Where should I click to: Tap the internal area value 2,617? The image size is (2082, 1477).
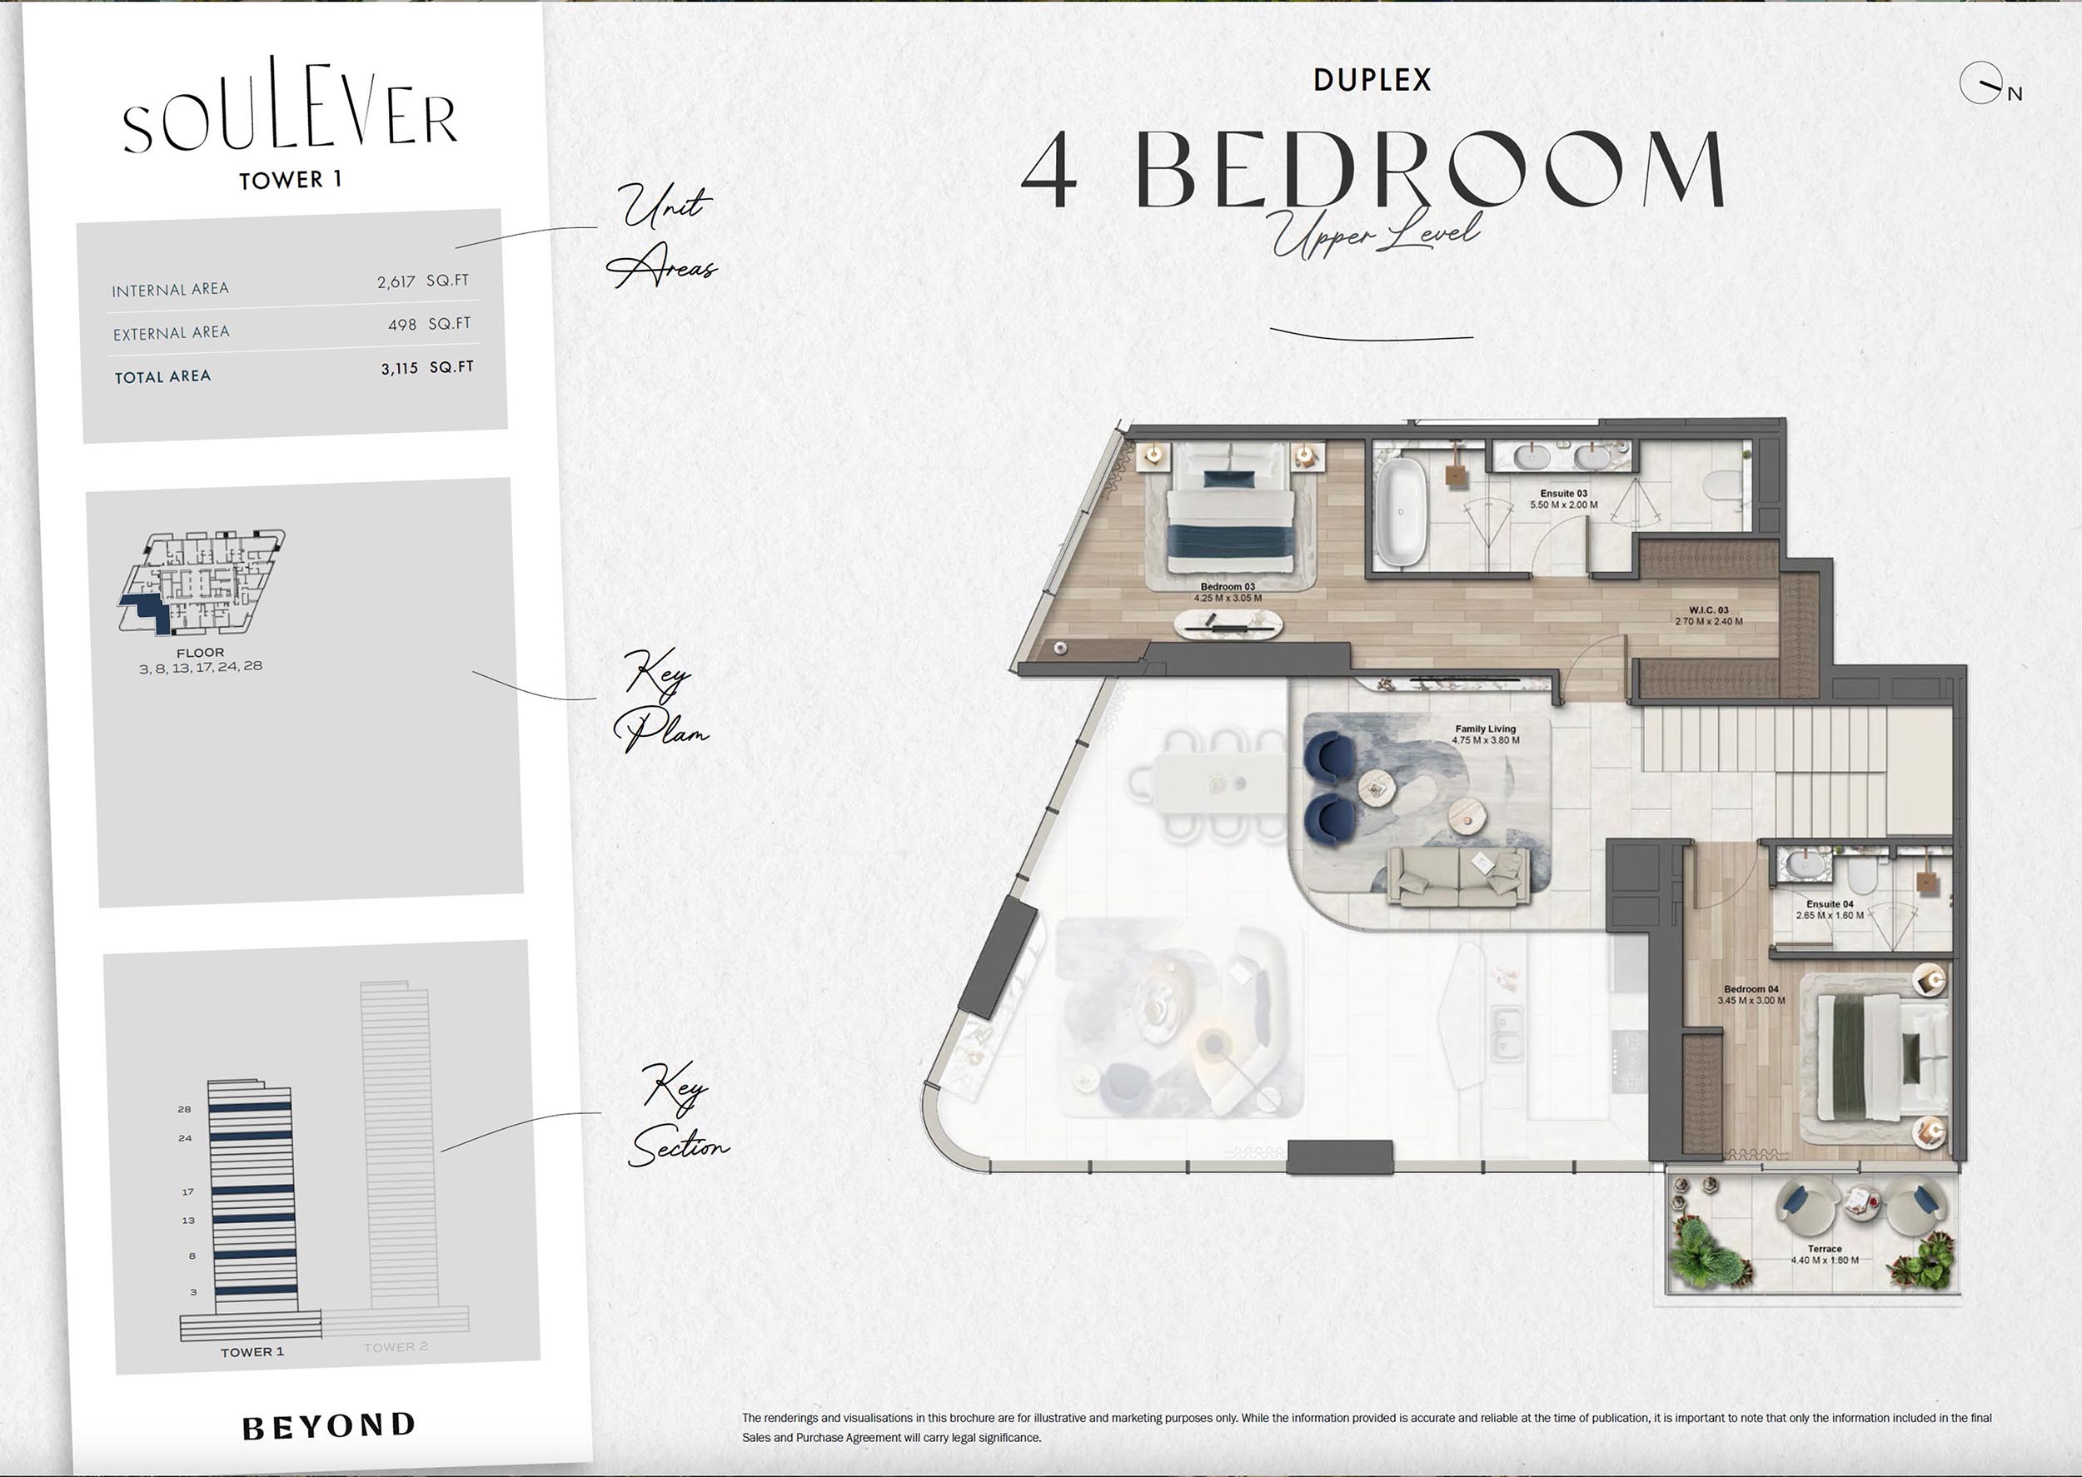[396, 282]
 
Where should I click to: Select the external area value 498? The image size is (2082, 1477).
[402, 325]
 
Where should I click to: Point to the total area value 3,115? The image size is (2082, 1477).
[399, 368]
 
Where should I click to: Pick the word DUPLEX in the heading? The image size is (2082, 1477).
[1372, 80]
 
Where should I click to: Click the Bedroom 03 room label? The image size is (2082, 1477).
[1227, 587]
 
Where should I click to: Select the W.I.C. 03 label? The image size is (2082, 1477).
[1708, 610]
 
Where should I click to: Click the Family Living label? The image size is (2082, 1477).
[1486, 729]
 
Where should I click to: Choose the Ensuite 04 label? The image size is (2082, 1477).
[1829, 904]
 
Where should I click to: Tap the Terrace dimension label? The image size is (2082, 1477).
[1825, 1261]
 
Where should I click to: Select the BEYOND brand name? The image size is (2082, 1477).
[328, 1426]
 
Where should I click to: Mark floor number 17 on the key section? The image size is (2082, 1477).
[187, 1191]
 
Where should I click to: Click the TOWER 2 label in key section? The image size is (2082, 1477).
[396, 1347]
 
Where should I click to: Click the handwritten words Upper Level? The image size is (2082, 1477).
[1376, 234]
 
